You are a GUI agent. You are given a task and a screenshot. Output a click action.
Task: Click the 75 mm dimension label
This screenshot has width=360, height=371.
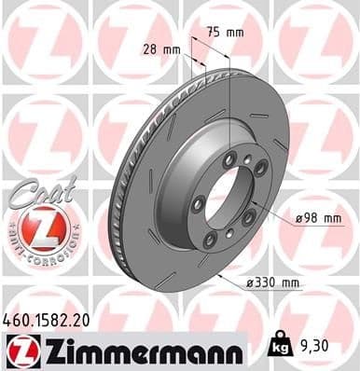click(x=225, y=33)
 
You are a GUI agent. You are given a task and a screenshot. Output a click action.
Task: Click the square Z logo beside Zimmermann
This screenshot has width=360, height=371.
click(x=21, y=350)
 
